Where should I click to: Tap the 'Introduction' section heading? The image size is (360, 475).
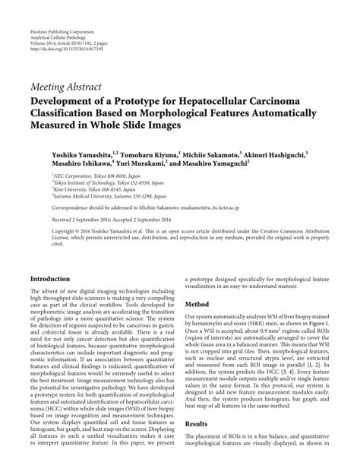pyautogui.click(x=55, y=278)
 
